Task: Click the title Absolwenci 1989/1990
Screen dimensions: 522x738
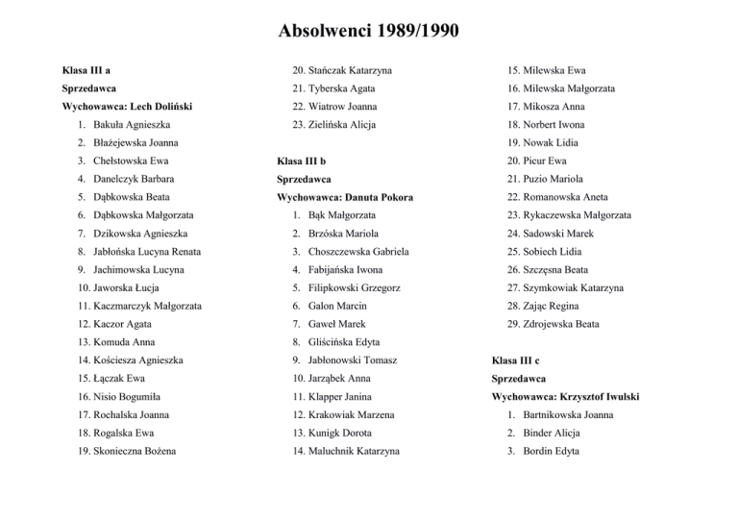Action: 369,31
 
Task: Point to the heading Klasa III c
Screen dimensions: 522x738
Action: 519,360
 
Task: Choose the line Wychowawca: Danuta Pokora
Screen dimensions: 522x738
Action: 343,197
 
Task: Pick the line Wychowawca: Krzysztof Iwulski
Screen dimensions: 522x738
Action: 564,397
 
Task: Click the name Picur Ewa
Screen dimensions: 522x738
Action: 545,161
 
